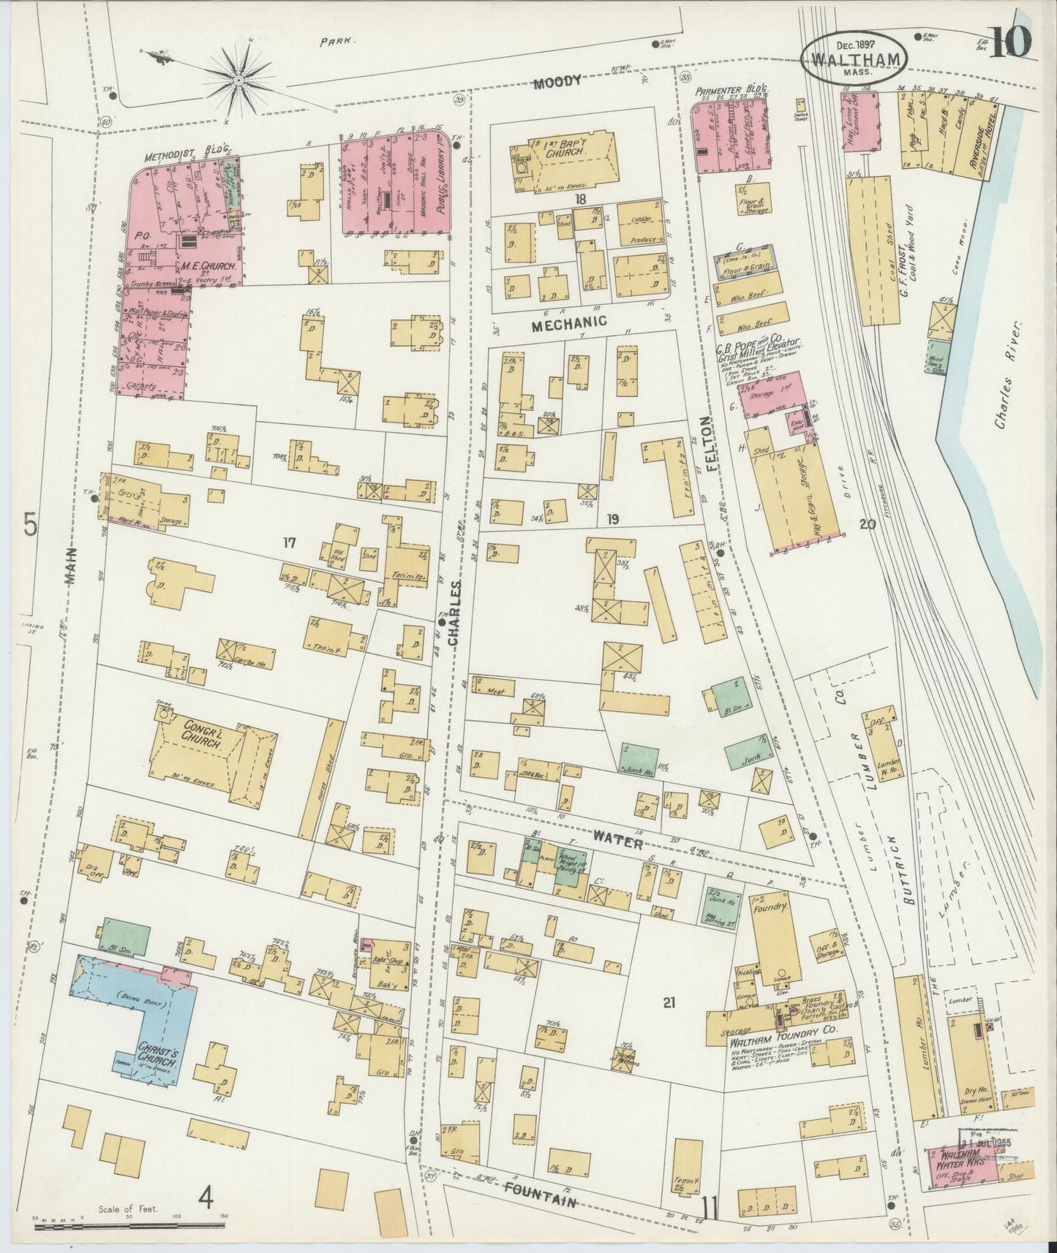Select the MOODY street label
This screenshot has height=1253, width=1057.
[557, 82]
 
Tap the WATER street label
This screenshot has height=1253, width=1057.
[618, 841]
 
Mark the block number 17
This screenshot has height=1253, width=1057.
[290, 542]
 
